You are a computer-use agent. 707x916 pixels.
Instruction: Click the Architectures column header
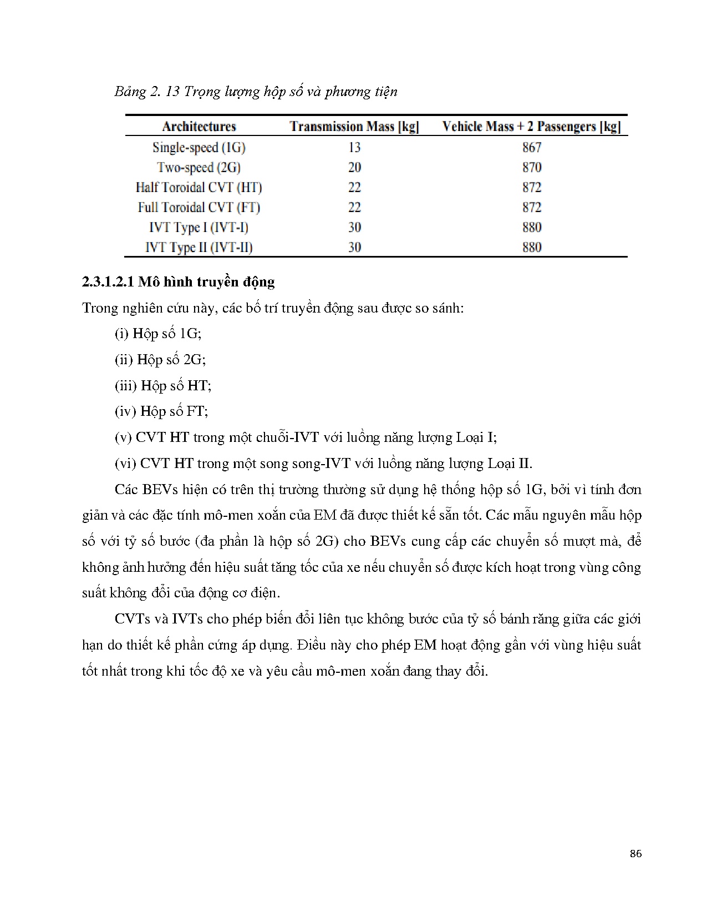click(x=199, y=127)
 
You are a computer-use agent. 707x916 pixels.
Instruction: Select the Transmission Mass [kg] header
click(x=354, y=127)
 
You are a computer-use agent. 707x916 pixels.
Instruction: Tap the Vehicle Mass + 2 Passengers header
click(x=531, y=127)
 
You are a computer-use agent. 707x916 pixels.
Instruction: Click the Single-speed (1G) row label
click(x=199, y=147)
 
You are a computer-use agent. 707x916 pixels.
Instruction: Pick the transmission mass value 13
click(x=354, y=147)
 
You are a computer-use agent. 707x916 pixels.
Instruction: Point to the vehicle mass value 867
click(x=531, y=147)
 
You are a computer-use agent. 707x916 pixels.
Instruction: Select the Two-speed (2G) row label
click(x=199, y=167)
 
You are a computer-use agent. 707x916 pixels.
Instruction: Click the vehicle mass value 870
click(x=531, y=167)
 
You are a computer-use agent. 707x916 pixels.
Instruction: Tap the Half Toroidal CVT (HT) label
click(x=199, y=187)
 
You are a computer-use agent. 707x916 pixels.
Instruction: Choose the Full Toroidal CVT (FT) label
click(x=199, y=207)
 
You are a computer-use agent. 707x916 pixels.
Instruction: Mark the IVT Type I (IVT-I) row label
click(x=199, y=227)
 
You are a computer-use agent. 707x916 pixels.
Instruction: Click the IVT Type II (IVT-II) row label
click(x=199, y=247)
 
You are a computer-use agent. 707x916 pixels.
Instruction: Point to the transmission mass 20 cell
click(x=354, y=167)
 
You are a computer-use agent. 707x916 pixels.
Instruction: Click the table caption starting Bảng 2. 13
click(x=256, y=91)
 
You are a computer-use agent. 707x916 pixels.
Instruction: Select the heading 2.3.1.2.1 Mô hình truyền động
click(x=178, y=282)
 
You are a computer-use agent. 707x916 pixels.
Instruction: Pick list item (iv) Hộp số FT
click(x=161, y=411)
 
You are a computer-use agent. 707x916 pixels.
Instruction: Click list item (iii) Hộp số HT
click(x=163, y=385)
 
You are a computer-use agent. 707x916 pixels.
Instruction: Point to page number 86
click(x=635, y=854)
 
